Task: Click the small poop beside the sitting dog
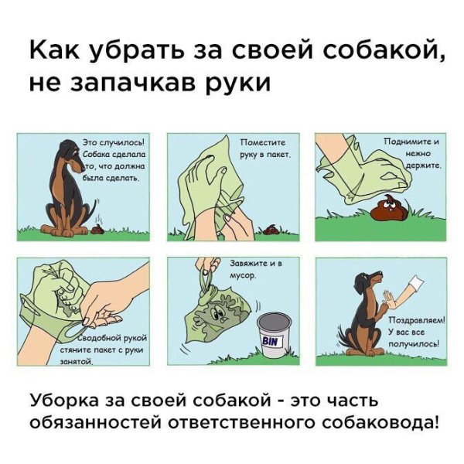pyautogui.click(x=97, y=227)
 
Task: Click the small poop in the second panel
pyautogui.click(x=273, y=228)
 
